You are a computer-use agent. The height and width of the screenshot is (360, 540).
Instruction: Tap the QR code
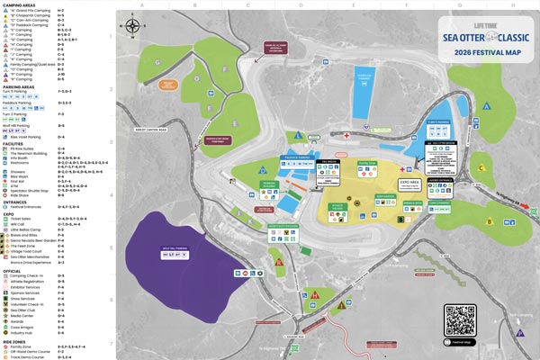[x=459, y=319]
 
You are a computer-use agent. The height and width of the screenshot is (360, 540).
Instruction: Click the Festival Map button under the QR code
[x=459, y=342]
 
